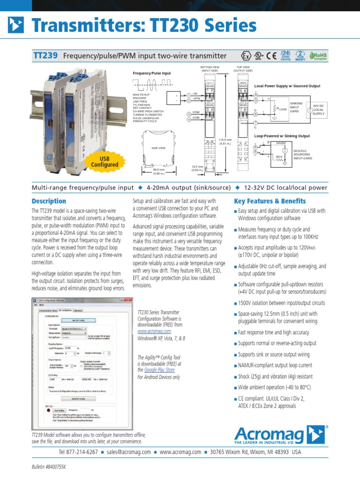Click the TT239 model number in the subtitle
[x=45, y=56]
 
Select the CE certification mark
[x=271, y=56]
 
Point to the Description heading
[x=48, y=201]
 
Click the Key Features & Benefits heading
[x=270, y=201]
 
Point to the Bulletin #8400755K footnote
[x=49, y=467]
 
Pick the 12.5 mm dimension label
[x=197, y=168]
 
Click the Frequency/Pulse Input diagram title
[x=152, y=74]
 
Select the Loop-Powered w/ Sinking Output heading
[x=282, y=136]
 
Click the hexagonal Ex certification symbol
[x=245, y=56]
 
